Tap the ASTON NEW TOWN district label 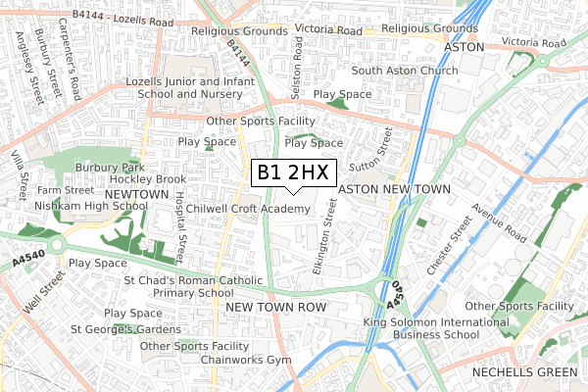coord(393,189)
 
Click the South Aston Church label coord(405,71)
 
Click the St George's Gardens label coord(125,328)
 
